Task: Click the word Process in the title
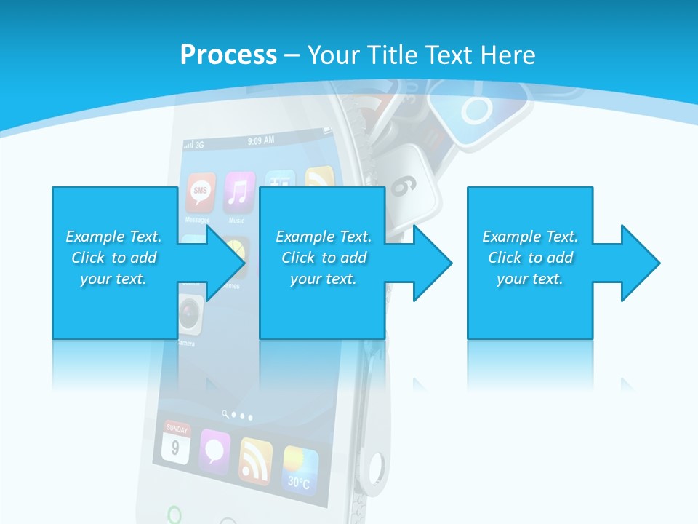228,55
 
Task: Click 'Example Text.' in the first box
113,237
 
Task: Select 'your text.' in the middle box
323,279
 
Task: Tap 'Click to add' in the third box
531,258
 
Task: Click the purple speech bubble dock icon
214,451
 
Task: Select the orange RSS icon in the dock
255,460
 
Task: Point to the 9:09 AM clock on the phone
261,140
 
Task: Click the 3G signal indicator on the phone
194,145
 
